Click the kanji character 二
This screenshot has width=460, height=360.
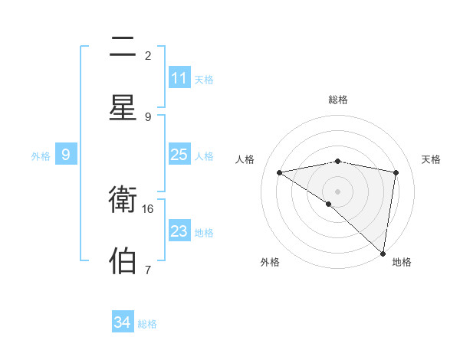pyautogui.click(x=123, y=47)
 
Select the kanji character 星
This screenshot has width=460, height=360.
pyautogui.click(x=123, y=108)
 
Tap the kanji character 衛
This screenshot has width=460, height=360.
pyautogui.click(x=123, y=200)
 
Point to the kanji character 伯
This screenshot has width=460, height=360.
pyautogui.click(x=123, y=260)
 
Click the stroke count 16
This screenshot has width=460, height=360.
pyautogui.click(x=149, y=208)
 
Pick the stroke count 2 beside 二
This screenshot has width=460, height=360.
pyautogui.click(x=148, y=56)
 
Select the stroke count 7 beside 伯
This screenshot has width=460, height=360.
pyautogui.click(x=147, y=270)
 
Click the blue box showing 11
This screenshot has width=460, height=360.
pyautogui.click(x=179, y=78)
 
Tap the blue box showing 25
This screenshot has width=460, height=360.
pyautogui.click(x=179, y=155)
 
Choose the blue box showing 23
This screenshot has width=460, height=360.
pyautogui.click(x=179, y=231)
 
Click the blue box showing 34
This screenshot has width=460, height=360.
pyautogui.click(x=123, y=322)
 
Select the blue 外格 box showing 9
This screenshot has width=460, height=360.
pyautogui.click(x=66, y=155)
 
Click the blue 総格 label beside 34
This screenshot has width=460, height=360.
pyautogui.click(x=147, y=324)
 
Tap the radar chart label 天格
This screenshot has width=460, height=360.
pyautogui.click(x=432, y=159)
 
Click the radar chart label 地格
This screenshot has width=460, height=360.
pyautogui.click(x=402, y=262)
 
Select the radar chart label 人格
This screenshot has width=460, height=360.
pyautogui.click(x=245, y=159)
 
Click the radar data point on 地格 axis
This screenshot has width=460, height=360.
pyautogui.click(x=383, y=253)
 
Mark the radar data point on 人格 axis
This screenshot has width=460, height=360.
pyautogui.click(x=280, y=172)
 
